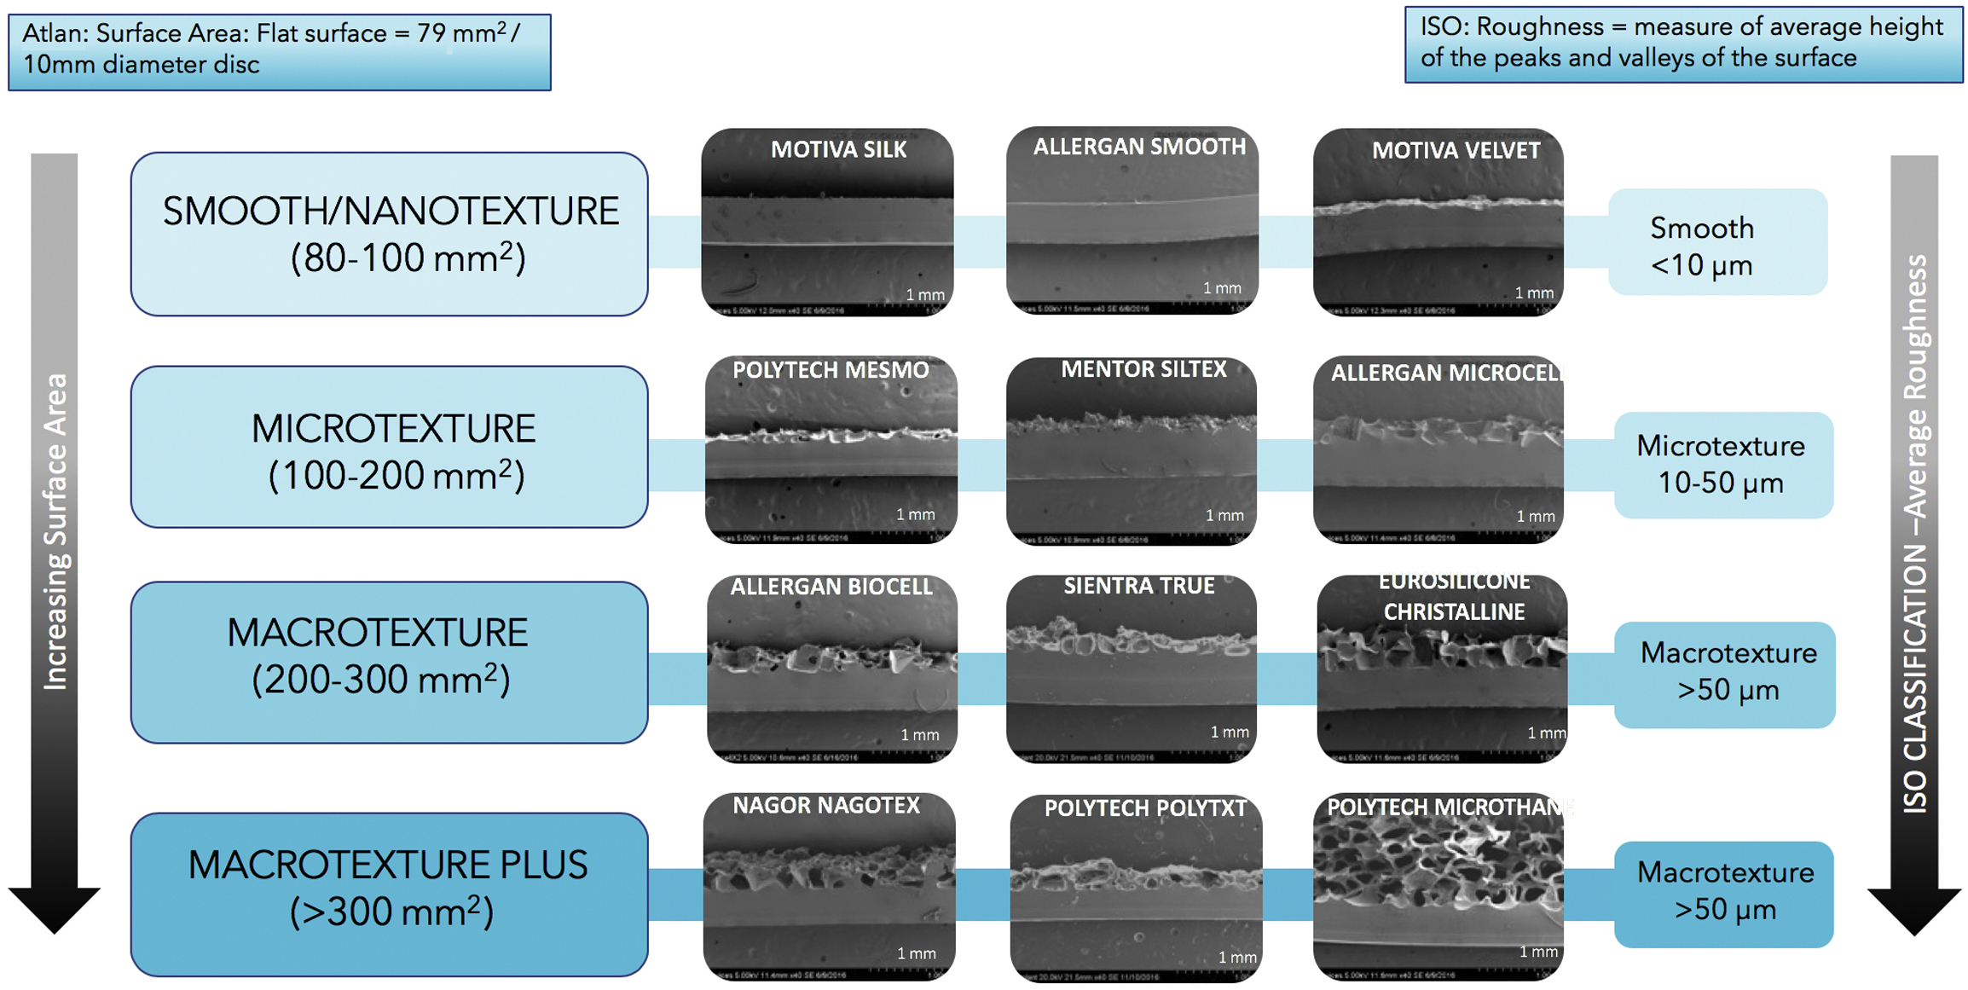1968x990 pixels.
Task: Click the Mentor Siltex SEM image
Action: (x=1131, y=452)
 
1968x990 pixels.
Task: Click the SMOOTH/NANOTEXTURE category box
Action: (x=389, y=234)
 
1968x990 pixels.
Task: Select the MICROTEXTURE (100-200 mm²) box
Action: (x=389, y=448)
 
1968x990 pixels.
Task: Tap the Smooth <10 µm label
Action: (x=1716, y=243)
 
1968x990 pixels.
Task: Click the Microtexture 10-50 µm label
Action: (x=1722, y=465)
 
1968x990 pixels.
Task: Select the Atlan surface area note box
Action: (x=279, y=51)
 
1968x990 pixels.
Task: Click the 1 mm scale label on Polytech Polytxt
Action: (x=1236, y=958)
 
